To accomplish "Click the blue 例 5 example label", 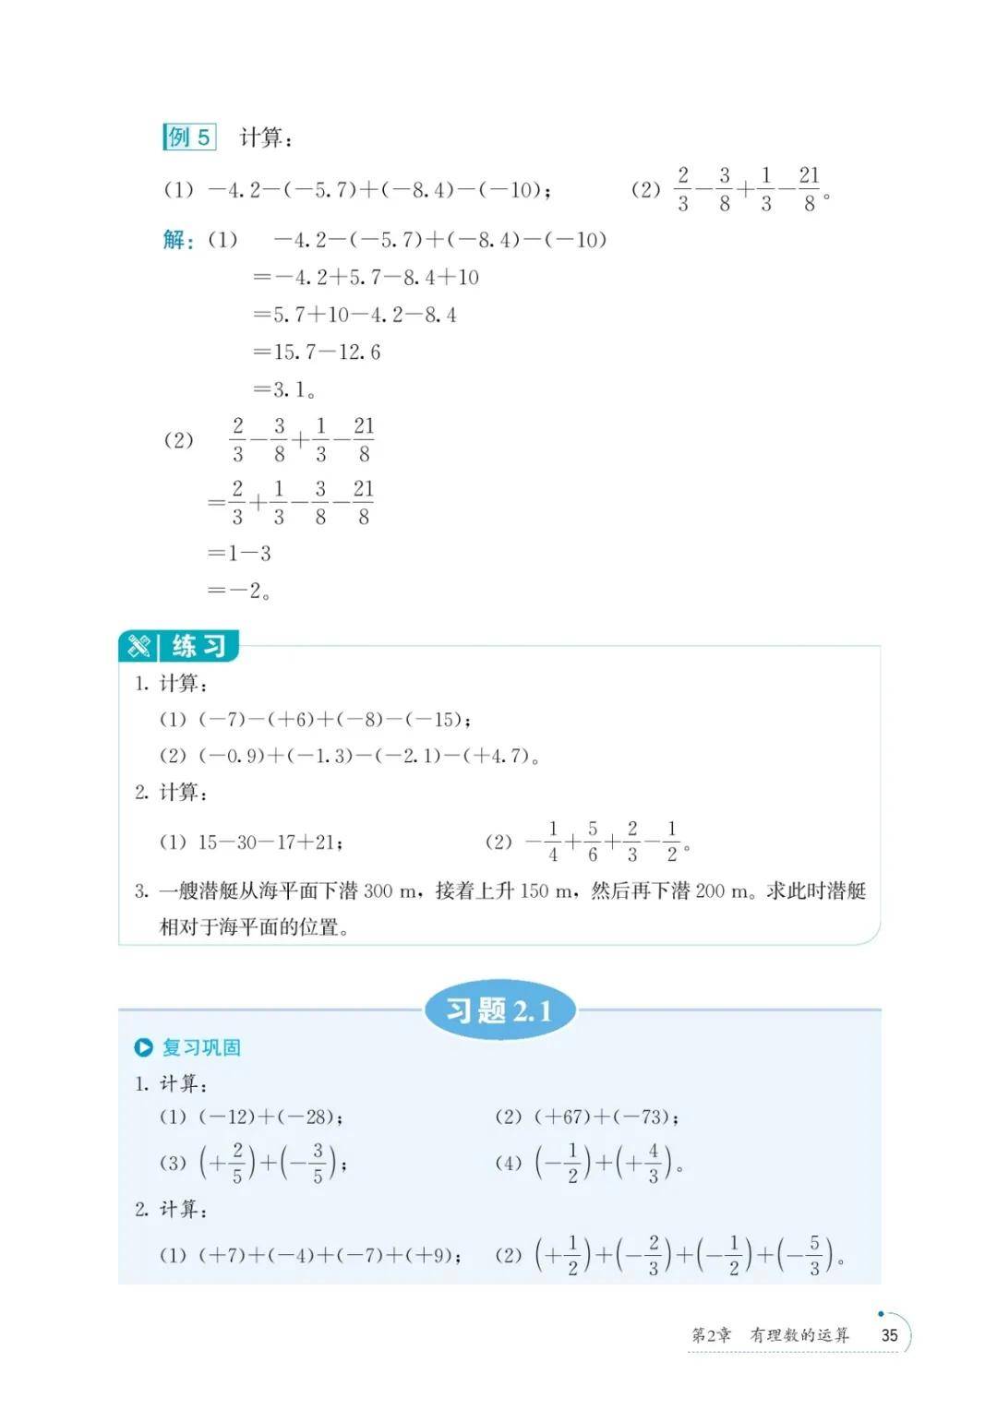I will [x=189, y=137].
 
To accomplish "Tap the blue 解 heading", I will [x=177, y=240].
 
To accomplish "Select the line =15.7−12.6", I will [x=317, y=352].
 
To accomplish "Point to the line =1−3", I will [x=240, y=554].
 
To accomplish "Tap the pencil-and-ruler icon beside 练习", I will [x=139, y=646].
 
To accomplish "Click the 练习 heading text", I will [x=198, y=646].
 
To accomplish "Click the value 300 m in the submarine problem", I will [x=390, y=891].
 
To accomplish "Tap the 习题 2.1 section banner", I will [x=499, y=1010].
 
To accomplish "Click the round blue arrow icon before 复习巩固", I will [x=143, y=1047].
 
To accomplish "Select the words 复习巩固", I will [x=201, y=1047].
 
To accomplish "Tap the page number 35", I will [x=889, y=1335].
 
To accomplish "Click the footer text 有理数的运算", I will [x=799, y=1335].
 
